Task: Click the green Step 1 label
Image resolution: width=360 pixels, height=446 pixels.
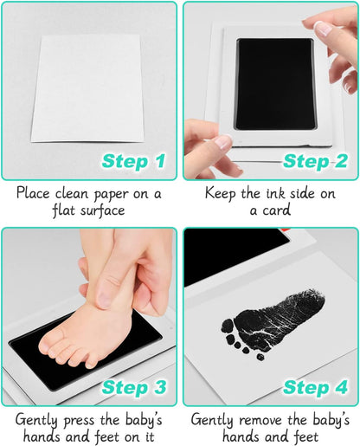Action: pos(134,161)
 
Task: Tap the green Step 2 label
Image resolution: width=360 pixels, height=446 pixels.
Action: pos(315,161)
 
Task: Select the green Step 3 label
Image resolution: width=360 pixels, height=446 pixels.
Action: pos(134,387)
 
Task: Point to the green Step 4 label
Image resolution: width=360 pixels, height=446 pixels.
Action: pos(315,387)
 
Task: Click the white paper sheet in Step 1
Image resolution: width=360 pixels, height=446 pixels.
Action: pos(87,88)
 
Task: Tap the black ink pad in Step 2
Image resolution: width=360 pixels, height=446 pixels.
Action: pos(275,84)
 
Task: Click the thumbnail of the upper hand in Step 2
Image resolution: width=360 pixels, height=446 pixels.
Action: pos(323,29)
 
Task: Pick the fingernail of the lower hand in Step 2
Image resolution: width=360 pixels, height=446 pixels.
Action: pos(223,143)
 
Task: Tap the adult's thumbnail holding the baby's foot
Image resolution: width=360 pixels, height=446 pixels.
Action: pos(102,299)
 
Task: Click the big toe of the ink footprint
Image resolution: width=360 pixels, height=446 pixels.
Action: pos(228,326)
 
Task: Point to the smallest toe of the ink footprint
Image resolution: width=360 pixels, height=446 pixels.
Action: pos(260,358)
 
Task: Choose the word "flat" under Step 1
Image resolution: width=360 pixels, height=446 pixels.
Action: pos(64,210)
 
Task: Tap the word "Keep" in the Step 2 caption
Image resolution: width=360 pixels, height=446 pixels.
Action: pos(220,193)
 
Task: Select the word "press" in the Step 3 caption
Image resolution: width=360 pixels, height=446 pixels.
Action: pos(79,421)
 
